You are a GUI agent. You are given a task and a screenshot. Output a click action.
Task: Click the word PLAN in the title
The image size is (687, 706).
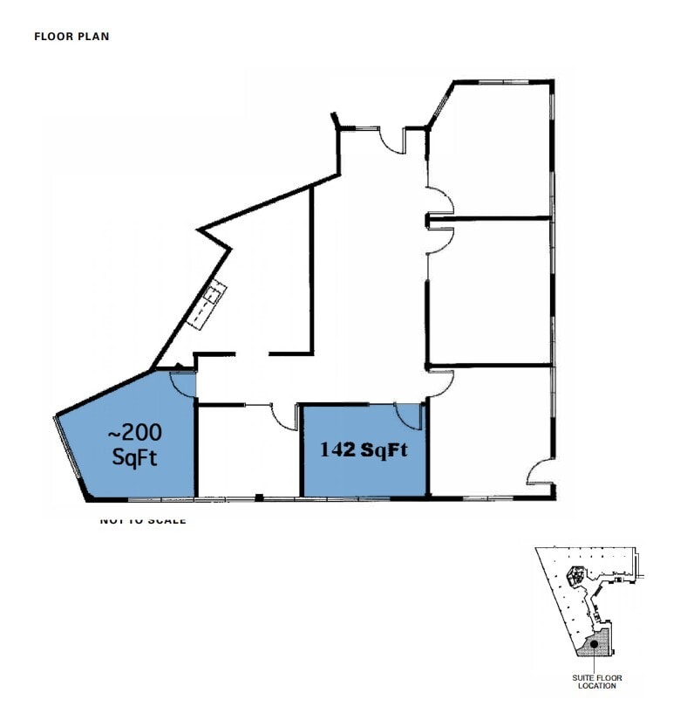(97, 37)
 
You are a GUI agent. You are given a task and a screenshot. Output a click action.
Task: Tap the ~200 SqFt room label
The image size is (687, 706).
(134, 444)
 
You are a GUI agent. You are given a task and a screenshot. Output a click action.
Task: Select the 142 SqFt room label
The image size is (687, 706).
(364, 451)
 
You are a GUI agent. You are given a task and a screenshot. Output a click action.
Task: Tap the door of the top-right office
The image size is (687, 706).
(441, 201)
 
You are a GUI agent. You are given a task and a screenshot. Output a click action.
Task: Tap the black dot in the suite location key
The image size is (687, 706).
(593, 644)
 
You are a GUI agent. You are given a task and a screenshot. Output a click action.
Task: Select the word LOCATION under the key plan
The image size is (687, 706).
(596, 686)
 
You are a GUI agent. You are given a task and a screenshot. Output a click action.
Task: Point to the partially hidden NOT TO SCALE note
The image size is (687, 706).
(143, 520)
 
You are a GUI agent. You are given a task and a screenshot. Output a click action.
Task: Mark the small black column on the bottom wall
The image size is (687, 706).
(259, 497)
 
